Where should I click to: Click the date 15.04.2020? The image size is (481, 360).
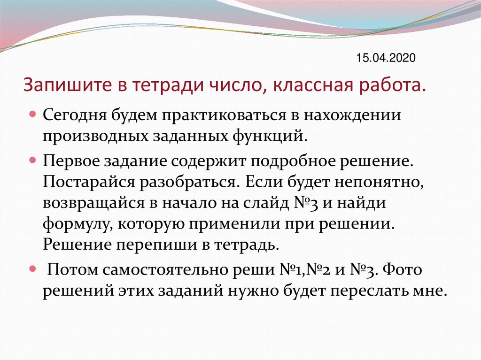click(x=386, y=58)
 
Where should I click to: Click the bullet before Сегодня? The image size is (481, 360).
click(x=33, y=115)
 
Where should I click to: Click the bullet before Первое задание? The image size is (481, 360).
click(x=33, y=160)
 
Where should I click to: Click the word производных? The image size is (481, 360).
click(x=95, y=137)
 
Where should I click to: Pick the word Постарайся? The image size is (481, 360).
click(x=93, y=182)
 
